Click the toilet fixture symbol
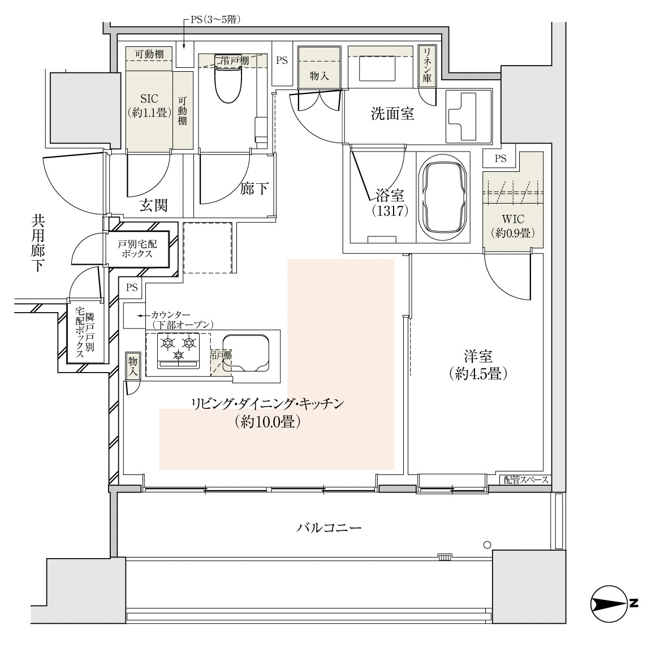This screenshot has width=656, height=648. pyautogui.click(x=228, y=79)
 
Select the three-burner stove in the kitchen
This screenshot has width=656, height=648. pyautogui.click(x=178, y=351)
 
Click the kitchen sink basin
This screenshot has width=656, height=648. pyautogui.click(x=245, y=353)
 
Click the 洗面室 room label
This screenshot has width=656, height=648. pyautogui.click(x=392, y=113)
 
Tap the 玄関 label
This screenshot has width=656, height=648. pyautogui.click(x=154, y=205)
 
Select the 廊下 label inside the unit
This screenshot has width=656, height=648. pyautogui.click(x=254, y=189)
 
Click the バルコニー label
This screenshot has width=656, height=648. pyautogui.click(x=329, y=528)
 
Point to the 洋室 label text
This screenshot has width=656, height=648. pyautogui.click(x=478, y=356)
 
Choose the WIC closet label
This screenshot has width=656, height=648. pyautogui.click(x=513, y=219)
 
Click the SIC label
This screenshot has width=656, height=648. pyautogui.click(x=149, y=99)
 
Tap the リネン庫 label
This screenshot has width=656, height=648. pyautogui.click(x=427, y=65)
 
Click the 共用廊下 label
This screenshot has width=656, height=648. pyautogui.click(x=38, y=244)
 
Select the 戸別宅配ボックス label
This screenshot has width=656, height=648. pyautogui.click(x=137, y=249)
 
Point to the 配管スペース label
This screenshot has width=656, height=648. pyautogui.click(x=526, y=480)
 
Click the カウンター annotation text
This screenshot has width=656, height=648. pyautogui.click(x=170, y=314)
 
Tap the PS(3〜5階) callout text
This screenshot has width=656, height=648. pyautogui.click(x=215, y=20)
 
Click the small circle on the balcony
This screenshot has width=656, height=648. pyautogui.click(x=486, y=545)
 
